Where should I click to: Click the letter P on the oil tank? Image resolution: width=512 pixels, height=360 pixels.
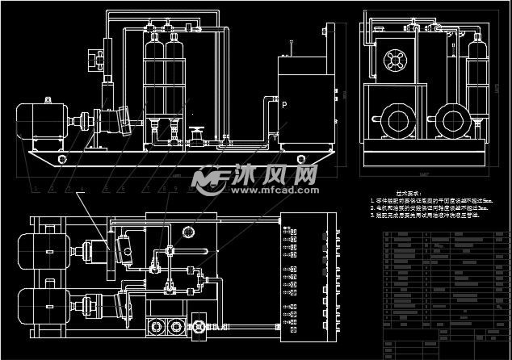pos(283,105)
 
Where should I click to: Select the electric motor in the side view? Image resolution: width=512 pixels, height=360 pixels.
pos(39,120)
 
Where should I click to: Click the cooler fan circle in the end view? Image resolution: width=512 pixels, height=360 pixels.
pos(395,60)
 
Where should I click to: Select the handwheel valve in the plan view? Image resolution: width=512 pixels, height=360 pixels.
pos(198,329)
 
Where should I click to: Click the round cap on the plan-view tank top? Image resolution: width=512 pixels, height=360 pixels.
pos(189,232)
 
